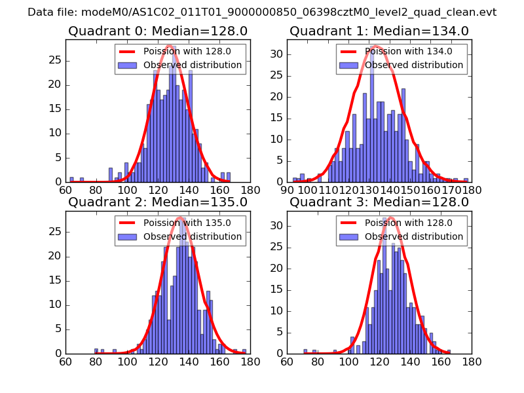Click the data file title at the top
click(x=262, y=12)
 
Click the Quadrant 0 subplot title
click(x=157, y=31)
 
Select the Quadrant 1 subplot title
click(x=379, y=31)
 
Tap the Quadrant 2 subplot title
click(x=157, y=202)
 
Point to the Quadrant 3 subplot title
click(x=379, y=202)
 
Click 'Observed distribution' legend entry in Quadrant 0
click(x=193, y=65)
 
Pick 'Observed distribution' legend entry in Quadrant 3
click(x=414, y=236)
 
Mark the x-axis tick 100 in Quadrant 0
click(x=127, y=190)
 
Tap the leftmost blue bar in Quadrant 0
click(x=71, y=179)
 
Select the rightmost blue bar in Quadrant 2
click(x=244, y=352)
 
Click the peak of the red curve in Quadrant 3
click(x=391, y=217)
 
